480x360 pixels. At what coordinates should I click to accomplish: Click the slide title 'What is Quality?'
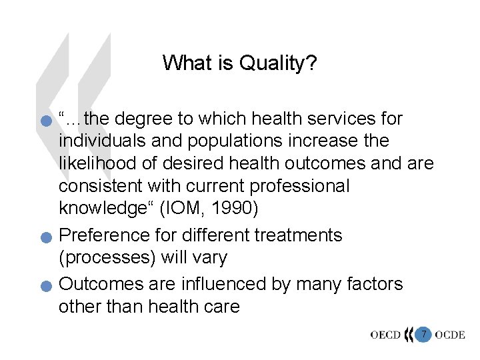239,63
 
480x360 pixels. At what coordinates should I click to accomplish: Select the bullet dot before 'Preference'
45,238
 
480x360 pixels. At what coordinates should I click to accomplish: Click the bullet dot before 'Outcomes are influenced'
45,287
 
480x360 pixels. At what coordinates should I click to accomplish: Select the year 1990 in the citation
234,208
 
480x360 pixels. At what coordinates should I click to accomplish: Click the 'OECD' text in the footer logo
387,335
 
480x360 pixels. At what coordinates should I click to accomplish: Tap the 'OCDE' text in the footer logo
450,335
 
